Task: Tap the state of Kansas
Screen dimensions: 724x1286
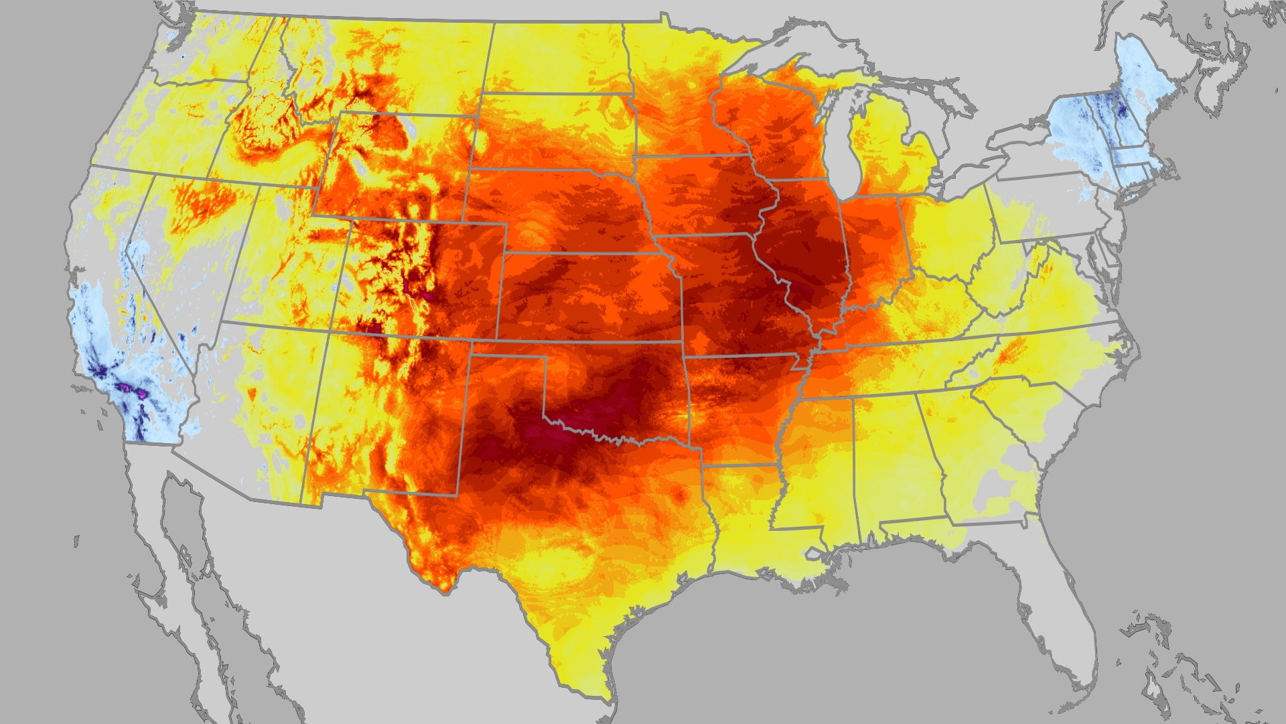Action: coord(589,295)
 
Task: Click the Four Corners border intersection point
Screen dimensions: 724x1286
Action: coord(331,330)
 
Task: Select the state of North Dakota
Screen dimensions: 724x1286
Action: coord(556,60)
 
